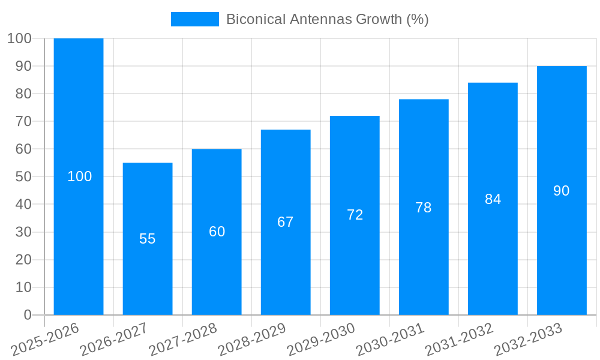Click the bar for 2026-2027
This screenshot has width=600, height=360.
click(148, 198)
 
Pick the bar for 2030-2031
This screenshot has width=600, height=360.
click(424, 156)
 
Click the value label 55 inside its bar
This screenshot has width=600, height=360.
click(148, 239)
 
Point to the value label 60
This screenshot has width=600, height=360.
click(217, 232)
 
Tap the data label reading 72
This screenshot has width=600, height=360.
click(355, 215)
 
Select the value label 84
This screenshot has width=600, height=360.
click(493, 199)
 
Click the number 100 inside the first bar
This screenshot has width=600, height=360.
click(80, 176)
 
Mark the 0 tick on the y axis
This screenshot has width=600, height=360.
click(27, 315)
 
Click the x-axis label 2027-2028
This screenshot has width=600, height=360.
click(182, 340)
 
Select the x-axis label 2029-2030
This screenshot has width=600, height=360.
click(320, 340)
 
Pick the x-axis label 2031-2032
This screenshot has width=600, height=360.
click(458, 340)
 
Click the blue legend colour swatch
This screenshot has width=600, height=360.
click(195, 19)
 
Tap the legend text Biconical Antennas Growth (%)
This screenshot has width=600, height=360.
click(328, 19)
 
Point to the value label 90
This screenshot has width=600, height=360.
click(562, 191)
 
